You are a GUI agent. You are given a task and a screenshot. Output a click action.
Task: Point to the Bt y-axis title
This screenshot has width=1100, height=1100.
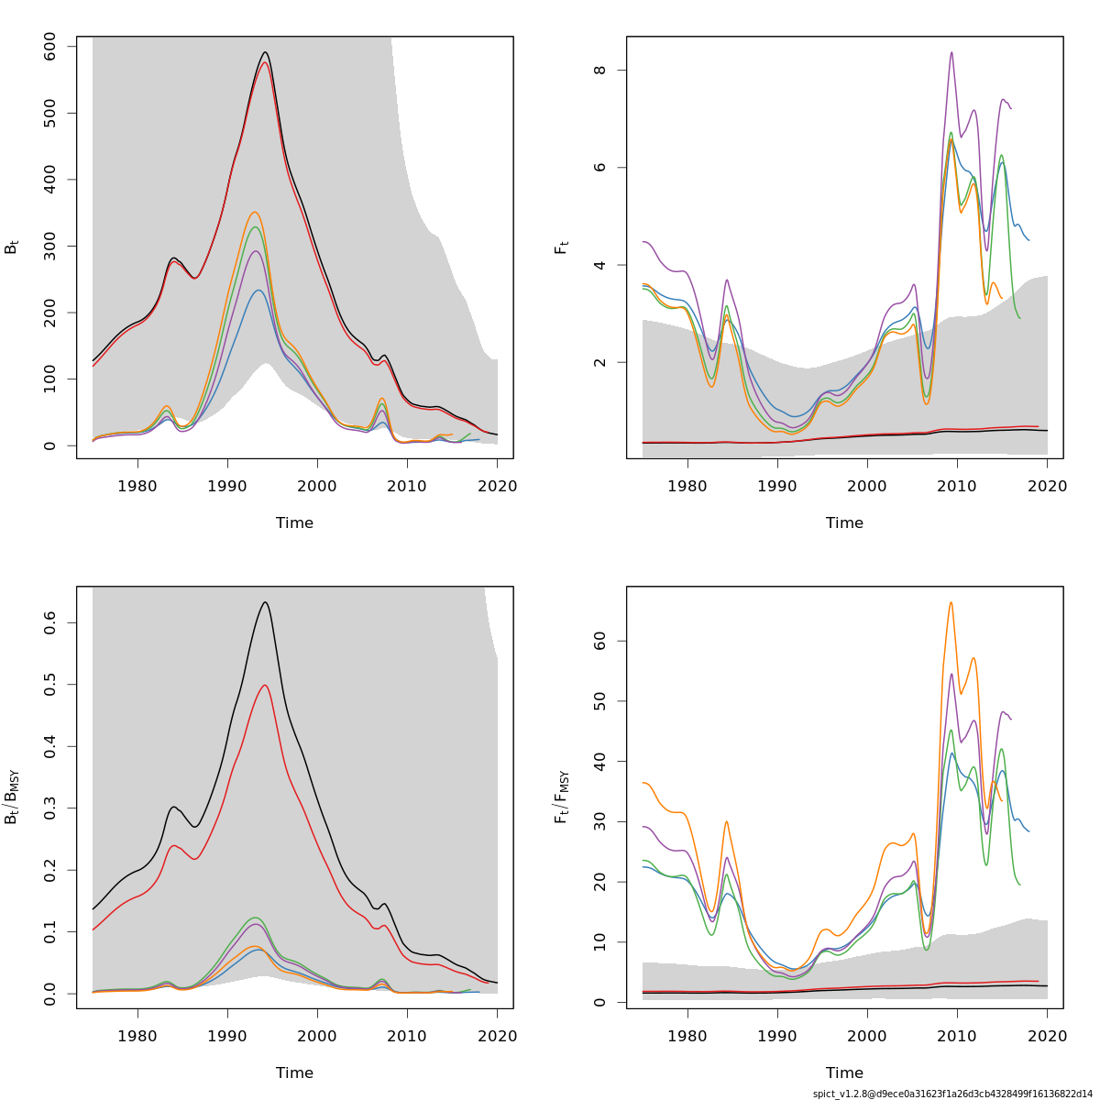click(x=11, y=247)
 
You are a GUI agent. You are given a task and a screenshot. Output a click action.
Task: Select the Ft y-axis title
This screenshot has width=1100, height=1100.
click(x=561, y=247)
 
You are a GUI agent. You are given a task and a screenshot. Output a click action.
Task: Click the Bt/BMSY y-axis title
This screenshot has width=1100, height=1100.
click(x=12, y=797)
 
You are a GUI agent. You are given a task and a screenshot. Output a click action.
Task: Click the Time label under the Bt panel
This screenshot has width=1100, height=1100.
click(x=294, y=522)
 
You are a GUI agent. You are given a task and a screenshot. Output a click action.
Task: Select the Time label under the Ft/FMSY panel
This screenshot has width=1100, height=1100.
click(x=844, y=1072)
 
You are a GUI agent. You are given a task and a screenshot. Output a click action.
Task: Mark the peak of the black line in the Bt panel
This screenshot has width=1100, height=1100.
click(x=265, y=52)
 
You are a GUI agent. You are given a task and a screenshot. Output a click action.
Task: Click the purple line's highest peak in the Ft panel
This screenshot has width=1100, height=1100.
click(x=951, y=52)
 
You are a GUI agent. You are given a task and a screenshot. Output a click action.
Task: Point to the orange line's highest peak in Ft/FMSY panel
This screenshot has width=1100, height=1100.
click(x=951, y=602)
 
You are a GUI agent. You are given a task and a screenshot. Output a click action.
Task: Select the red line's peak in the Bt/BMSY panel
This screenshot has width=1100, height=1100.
click(x=265, y=685)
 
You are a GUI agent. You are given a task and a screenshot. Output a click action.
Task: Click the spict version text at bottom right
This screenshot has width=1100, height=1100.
click(x=952, y=1094)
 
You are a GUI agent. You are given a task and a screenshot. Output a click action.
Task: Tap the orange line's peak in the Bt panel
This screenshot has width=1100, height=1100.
click(x=255, y=212)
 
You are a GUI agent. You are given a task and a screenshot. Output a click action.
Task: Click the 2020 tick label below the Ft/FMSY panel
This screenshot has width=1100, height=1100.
click(x=1047, y=1036)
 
